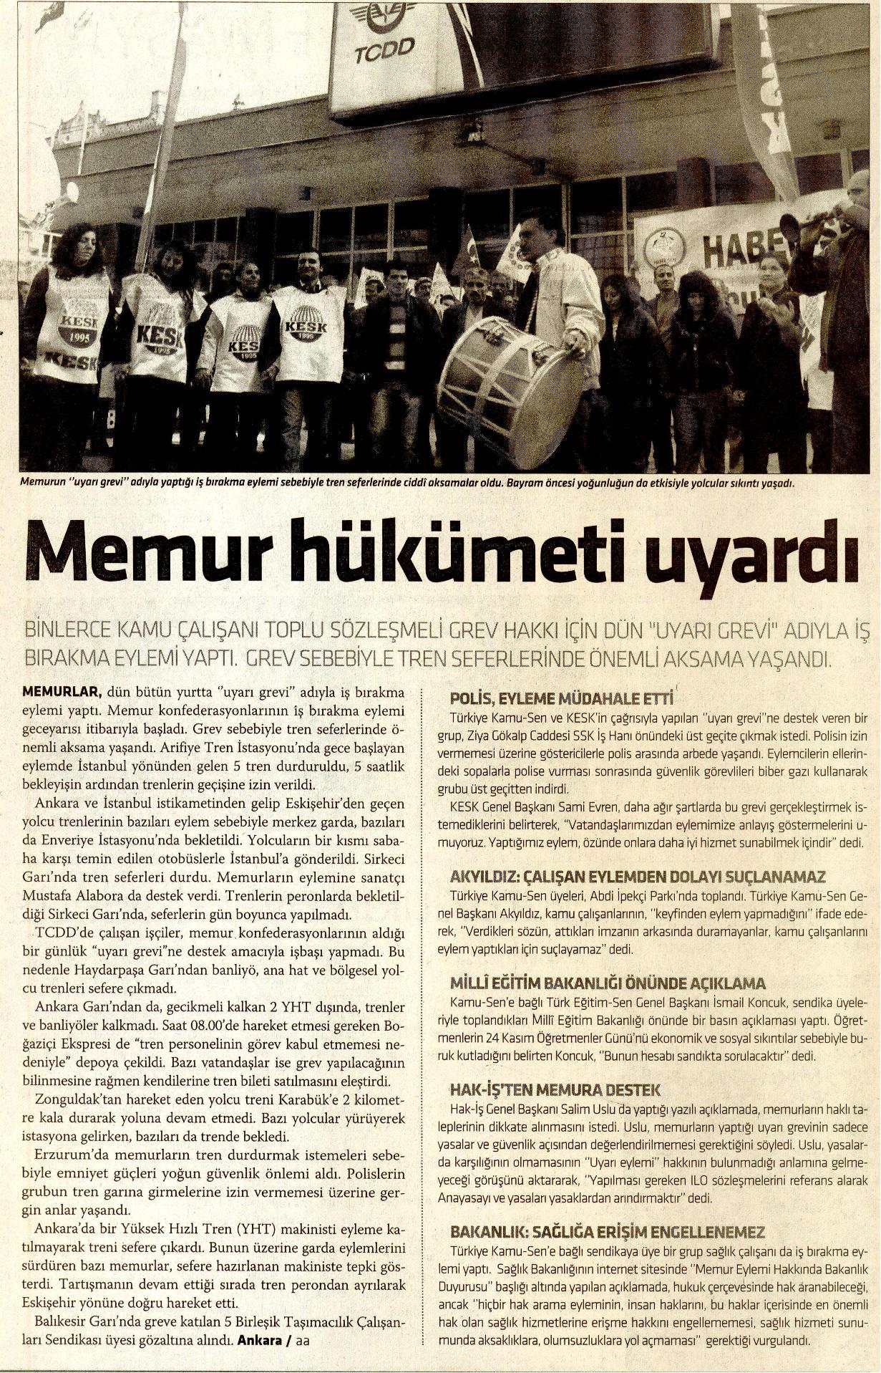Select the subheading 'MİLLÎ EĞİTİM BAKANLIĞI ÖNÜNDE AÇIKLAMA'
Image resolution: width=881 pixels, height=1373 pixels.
608,983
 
